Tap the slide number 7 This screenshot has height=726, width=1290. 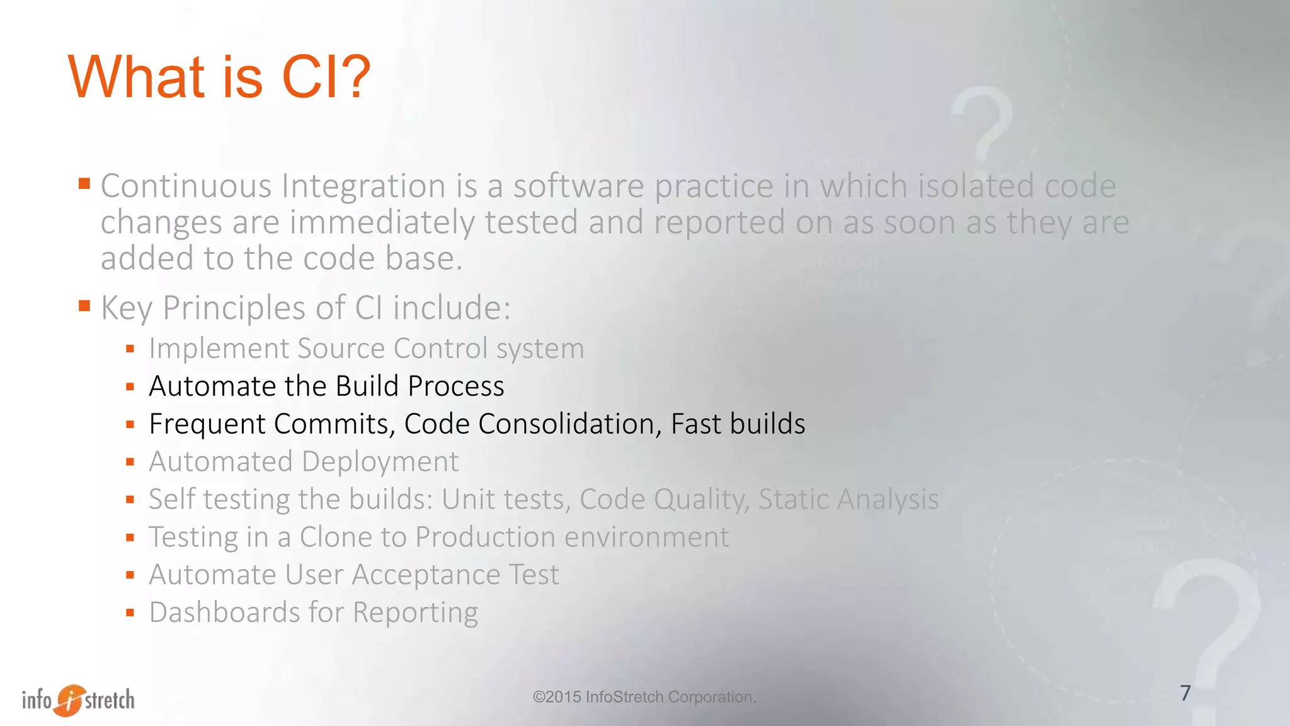(x=1185, y=693)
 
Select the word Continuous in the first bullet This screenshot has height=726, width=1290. (x=186, y=187)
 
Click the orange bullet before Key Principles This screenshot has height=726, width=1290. (x=84, y=306)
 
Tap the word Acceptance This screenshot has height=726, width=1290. (x=425, y=575)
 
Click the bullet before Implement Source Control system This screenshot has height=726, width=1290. (x=130, y=349)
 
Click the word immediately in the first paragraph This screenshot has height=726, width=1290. (x=382, y=223)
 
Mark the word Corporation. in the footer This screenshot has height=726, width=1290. (x=712, y=697)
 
